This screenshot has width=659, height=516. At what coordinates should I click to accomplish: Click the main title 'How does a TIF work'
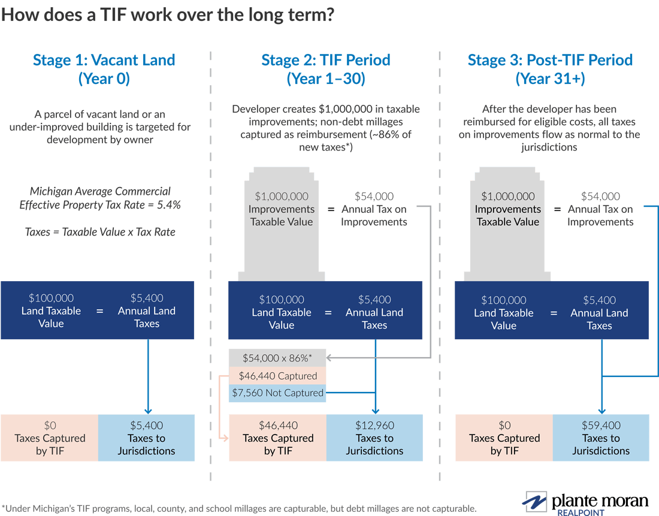[x=167, y=14]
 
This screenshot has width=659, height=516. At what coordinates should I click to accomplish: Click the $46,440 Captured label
[x=277, y=376]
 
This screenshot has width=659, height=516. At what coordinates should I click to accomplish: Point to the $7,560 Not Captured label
[x=277, y=393]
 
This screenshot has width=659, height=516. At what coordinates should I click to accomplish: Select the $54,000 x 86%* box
[x=277, y=358]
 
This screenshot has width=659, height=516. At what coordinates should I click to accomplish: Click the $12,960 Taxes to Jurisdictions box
[x=374, y=438]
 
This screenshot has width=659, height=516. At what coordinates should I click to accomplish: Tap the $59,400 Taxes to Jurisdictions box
[x=600, y=438]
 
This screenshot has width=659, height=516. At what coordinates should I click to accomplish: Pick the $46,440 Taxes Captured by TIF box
[x=278, y=438]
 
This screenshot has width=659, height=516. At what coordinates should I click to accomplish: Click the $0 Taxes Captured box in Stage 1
[x=50, y=438]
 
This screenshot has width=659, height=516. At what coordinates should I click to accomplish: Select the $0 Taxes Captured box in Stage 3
[x=504, y=438]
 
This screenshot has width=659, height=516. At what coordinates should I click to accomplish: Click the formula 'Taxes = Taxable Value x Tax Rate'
[x=100, y=231]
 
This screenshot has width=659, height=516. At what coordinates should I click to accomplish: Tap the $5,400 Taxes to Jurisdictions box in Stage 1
[x=146, y=438]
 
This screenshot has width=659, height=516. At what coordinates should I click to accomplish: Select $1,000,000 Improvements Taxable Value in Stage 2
[x=282, y=209]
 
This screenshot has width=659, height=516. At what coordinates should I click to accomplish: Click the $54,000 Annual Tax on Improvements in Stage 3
[x=600, y=209]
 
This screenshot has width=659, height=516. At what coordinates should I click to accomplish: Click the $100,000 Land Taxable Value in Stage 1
[x=50, y=310]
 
